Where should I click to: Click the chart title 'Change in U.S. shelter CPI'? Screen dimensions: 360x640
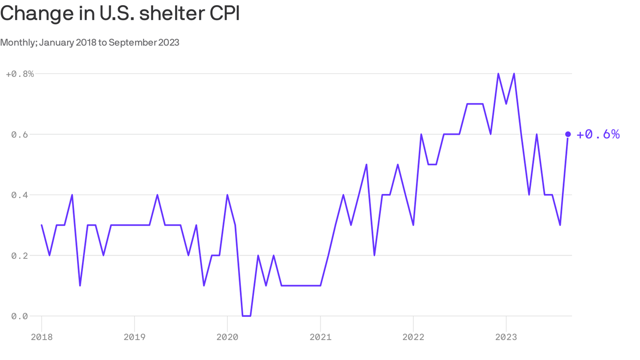[x=120, y=13]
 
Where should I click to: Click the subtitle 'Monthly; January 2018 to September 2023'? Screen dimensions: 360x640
[x=89, y=43]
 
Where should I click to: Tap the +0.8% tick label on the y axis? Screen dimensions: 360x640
[x=20, y=74]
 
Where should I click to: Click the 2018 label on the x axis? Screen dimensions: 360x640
[x=41, y=337]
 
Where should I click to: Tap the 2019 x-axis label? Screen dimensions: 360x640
[x=134, y=337]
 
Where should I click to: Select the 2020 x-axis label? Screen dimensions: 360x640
[x=227, y=337]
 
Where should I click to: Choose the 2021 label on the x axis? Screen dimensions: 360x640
[x=320, y=337]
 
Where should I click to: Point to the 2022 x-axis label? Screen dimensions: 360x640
[x=413, y=337]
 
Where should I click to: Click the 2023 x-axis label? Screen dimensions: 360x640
[x=506, y=337]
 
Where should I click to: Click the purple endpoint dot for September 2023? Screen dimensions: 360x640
[x=568, y=135]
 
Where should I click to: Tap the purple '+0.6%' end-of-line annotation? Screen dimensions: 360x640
[x=598, y=135]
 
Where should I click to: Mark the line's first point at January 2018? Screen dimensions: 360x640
[x=42, y=225]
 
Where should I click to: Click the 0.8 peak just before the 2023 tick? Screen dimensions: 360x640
[x=498, y=74]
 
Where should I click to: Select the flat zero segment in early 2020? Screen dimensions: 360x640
[x=246, y=316]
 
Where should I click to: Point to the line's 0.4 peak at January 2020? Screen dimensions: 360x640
[x=227, y=195]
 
